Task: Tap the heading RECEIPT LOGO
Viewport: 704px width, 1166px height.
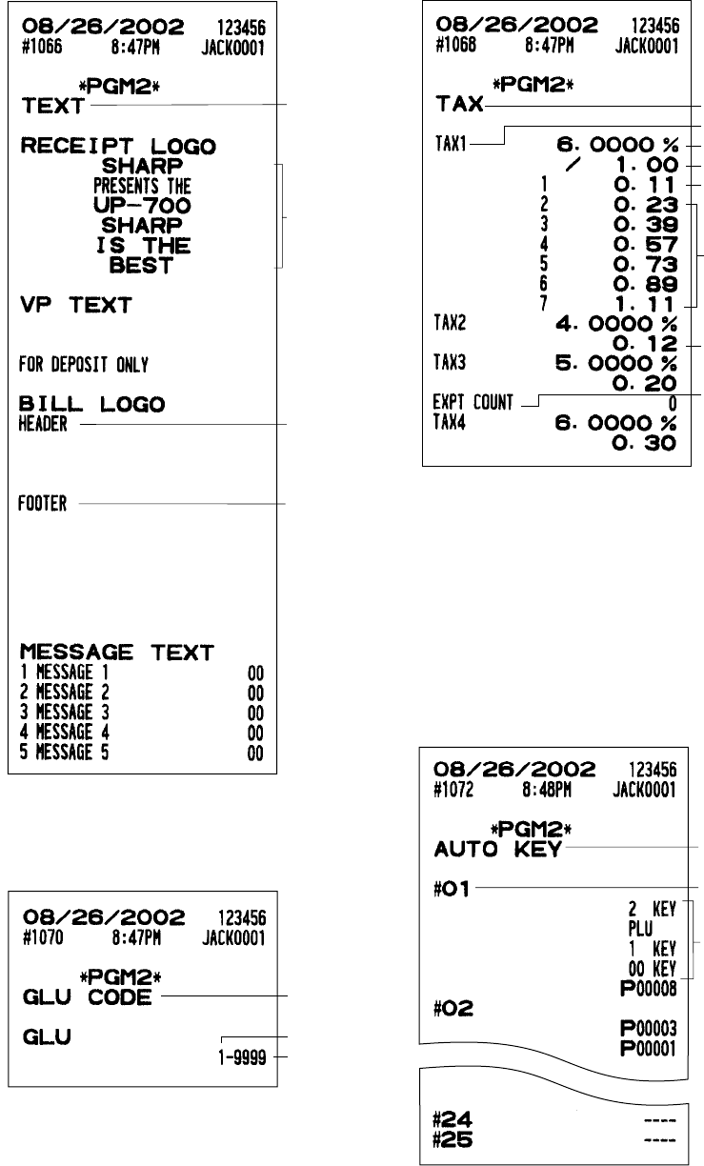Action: (x=118, y=147)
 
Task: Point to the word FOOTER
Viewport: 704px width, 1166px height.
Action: (x=43, y=504)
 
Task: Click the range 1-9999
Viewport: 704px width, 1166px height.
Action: (x=243, y=1055)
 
